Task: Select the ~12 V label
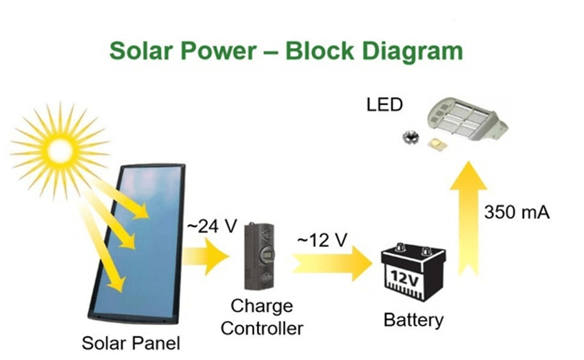click(321, 241)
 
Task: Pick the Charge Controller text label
click(262, 317)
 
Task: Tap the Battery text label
click(413, 320)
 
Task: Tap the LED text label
click(385, 106)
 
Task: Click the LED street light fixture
click(468, 121)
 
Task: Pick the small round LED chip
click(411, 136)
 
